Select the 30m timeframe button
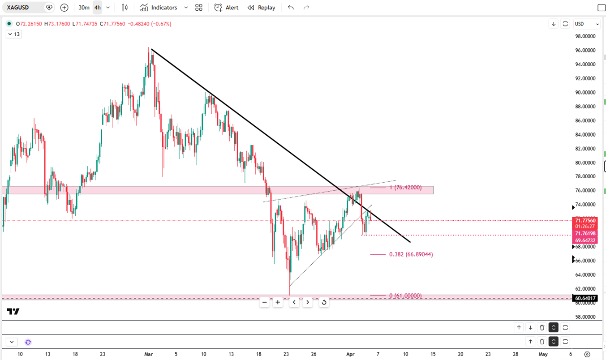[x=84, y=8]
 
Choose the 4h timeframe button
[x=97, y=8]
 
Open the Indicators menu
[x=159, y=8]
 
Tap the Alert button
[x=226, y=8]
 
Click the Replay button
[x=262, y=8]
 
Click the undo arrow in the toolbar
[x=291, y=8]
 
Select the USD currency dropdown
[x=586, y=24]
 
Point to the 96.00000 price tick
[x=585, y=50]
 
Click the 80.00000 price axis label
[x=585, y=163]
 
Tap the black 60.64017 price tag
[x=585, y=298]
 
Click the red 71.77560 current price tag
[x=585, y=220]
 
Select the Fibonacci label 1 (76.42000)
[x=405, y=188]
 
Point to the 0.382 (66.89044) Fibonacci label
[x=411, y=254]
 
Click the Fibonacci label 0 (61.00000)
[x=405, y=296]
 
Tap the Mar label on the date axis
[x=149, y=354]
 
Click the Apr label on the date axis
[x=350, y=354]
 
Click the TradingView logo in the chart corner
[x=13, y=312]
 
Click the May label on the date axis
[x=543, y=354]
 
